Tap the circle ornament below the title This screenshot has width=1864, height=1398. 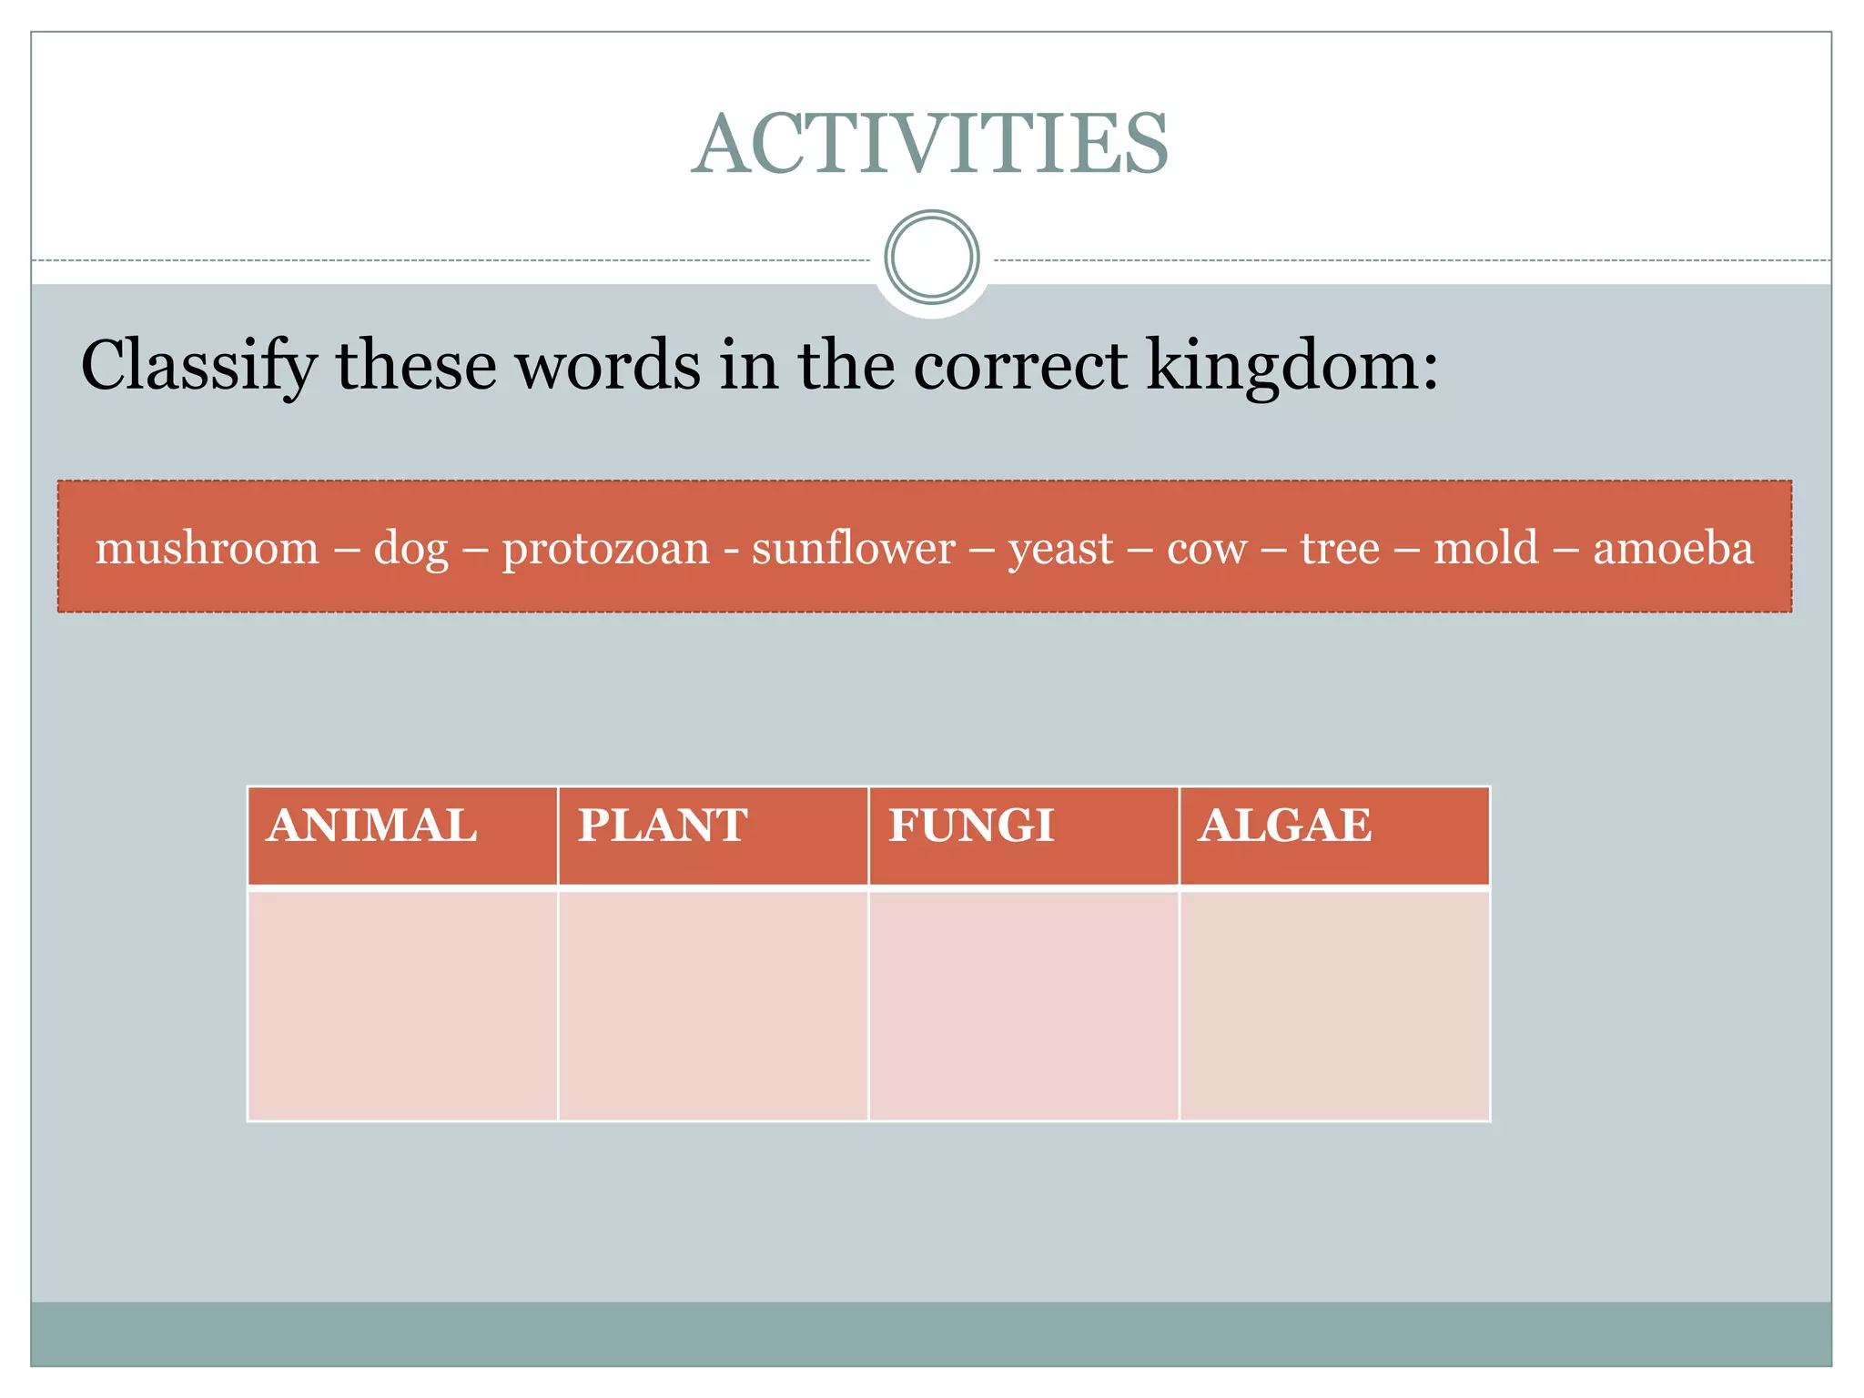tap(931, 258)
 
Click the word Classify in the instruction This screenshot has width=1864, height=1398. tap(198, 366)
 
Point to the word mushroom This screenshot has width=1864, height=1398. tap(208, 549)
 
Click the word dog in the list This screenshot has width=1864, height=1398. tap(411, 549)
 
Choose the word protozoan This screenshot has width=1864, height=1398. tap(605, 549)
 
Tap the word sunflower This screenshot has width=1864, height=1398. tap(854, 549)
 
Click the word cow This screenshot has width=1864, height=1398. tap(1207, 549)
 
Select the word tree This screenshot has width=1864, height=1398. tap(1340, 549)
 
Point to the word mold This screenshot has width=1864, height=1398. tap(1485, 549)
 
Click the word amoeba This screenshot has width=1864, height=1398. tap(1673, 549)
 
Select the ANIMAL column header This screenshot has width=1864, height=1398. tap(371, 826)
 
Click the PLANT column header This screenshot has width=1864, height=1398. tap(663, 826)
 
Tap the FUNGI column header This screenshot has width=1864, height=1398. tap(971, 826)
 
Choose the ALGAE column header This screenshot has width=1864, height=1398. tap(1284, 826)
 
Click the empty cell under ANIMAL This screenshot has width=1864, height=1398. tap(402, 1006)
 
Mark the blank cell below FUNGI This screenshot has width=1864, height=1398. tap(1023, 1006)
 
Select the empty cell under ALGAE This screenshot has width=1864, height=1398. tap(1334, 1006)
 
